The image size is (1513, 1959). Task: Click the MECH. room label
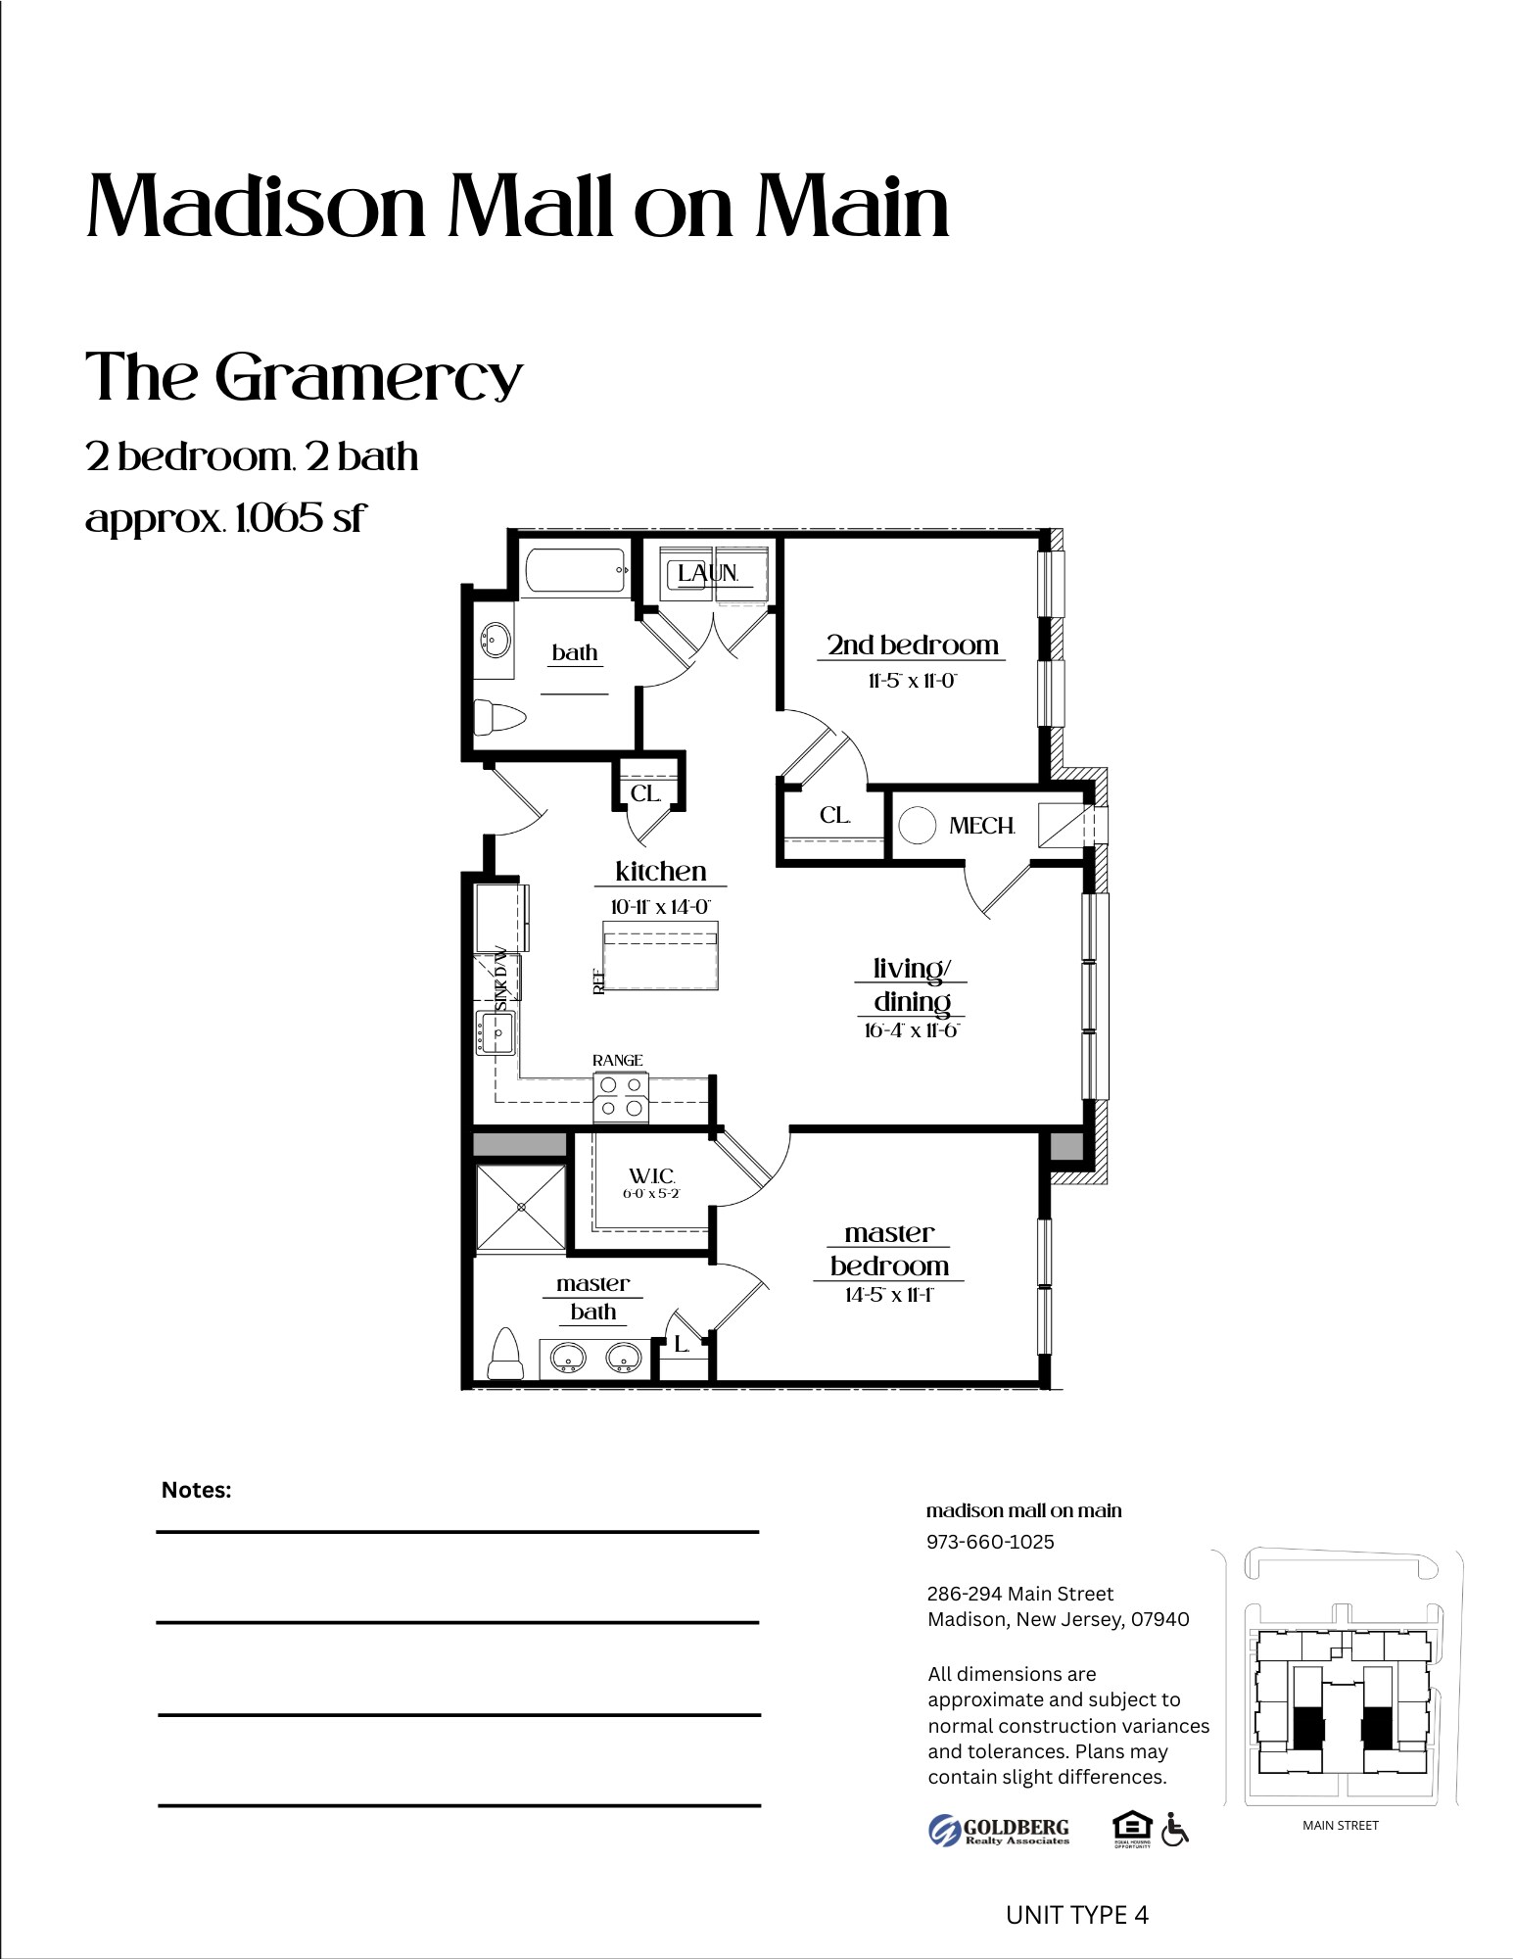(x=981, y=826)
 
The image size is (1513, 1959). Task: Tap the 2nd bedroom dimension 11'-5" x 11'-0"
(x=912, y=681)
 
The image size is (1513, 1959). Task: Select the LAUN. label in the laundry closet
(x=708, y=573)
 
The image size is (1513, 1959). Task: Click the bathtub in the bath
(x=577, y=570)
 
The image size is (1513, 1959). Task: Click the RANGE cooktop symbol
(x=621, y=1097)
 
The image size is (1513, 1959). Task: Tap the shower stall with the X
(x=521, y=1208)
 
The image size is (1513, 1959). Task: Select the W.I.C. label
(x=652, y=1175)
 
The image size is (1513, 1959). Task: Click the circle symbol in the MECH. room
(x=918, y=825)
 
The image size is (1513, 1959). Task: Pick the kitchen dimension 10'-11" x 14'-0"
(x=660, y=906)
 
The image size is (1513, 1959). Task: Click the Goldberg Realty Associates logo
(x=999, y=1830)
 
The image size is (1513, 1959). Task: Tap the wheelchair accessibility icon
(x=1174, y=1829)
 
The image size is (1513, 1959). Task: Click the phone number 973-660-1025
(x=990, y=1542)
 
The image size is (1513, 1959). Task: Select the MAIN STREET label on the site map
(x=1340, y=1825)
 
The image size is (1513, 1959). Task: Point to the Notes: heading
(x=196, y=1490)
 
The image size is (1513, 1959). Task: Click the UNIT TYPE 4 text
(x=1076, y=1915)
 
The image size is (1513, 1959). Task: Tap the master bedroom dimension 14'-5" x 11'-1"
(x=888, y=1295)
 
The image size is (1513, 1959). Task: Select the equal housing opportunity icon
(x=1132, y=1828)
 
